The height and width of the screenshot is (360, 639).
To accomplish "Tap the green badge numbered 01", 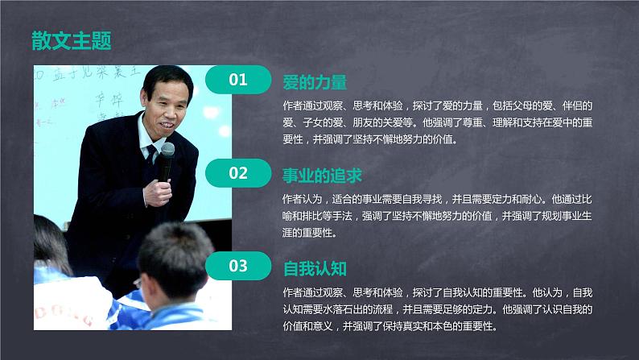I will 238,79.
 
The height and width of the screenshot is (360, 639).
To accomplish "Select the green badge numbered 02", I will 238,172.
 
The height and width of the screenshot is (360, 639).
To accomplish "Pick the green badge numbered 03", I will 238,265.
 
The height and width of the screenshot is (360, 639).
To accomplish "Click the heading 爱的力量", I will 315,81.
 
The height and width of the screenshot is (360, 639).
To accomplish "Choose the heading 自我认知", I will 315,267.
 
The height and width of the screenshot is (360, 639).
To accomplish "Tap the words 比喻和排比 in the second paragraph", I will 305,215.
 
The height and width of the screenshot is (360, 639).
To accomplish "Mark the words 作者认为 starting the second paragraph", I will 303,197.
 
